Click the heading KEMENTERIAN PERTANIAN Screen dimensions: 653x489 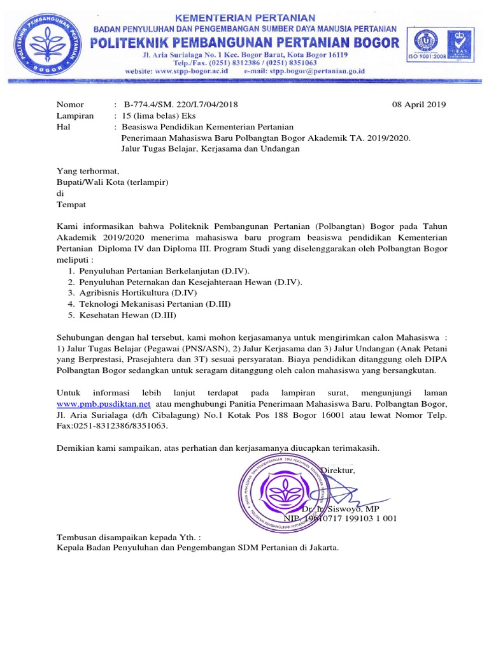(245, 17)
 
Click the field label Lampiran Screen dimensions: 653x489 (75, 115)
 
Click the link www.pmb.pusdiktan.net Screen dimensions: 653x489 (104, 404)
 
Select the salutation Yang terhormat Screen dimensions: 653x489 (88, 171)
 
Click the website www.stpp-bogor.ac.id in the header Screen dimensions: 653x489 (189, 72)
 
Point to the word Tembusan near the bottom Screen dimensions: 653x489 (76, 536)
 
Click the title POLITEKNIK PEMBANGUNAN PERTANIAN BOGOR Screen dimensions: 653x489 (246, 43)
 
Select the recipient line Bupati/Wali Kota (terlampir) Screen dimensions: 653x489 (112, 182)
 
